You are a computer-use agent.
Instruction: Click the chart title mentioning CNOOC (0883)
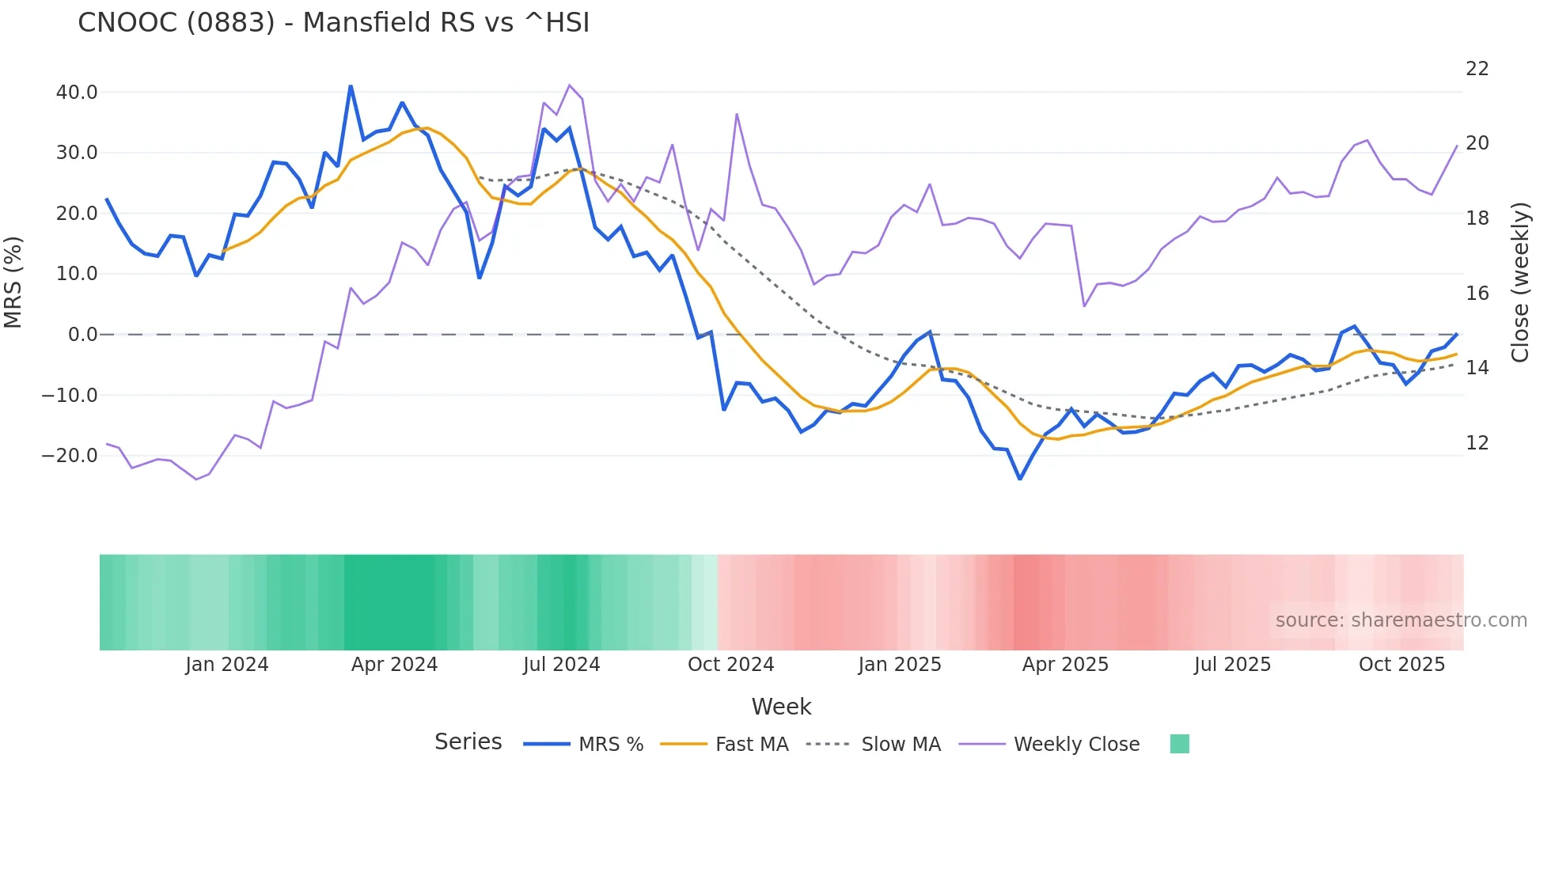click(333, 23)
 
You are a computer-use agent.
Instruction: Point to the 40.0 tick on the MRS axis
click(77, 93)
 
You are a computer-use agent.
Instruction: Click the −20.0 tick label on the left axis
click(70, 456)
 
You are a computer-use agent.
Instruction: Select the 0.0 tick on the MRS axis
click(83, 335)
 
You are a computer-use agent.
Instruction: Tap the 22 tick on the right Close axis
click(1477, 70)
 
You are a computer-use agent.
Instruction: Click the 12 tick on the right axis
click(1477, 443)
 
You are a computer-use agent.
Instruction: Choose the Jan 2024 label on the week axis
click(227, 665)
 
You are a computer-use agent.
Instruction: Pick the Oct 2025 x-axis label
click(1401, 665)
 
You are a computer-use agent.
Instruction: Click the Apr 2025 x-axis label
click(1065, 665)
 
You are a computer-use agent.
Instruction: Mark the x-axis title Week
click(781, 707)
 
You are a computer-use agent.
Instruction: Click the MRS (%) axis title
click(13, 282)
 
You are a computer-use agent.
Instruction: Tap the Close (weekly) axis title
click(1520, 282)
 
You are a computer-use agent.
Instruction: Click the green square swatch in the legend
click(1179, 745)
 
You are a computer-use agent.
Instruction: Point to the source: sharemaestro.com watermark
click(1401, 620)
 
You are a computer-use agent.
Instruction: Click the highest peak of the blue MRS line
click(351, 86)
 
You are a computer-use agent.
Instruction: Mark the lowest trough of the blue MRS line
click(1020, 479)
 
